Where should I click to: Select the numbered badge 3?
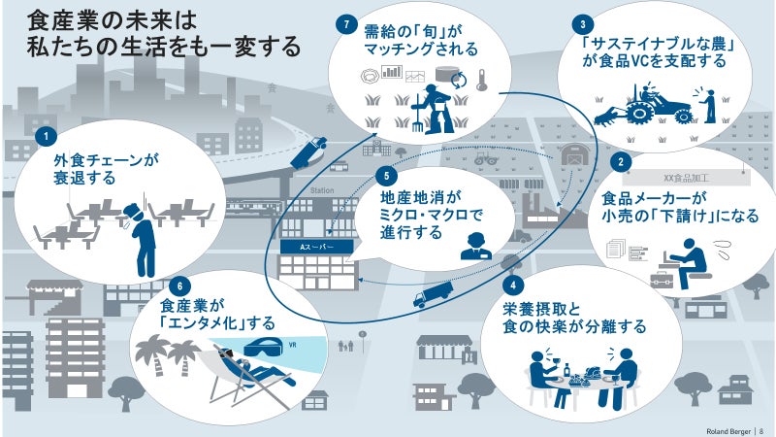[x=581, y=23]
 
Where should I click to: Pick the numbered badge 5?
[x=386, y=176]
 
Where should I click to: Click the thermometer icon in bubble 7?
[x=480, y=81]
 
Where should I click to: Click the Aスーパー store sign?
[x=312, y=247]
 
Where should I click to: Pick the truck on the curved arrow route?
[x=433, y=295]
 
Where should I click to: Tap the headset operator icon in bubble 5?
[x=471, y=245]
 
